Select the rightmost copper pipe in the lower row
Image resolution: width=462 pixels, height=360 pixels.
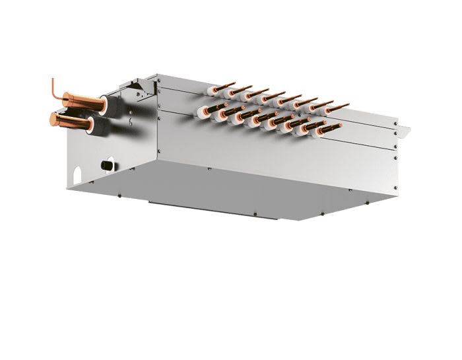[x=314, y=126]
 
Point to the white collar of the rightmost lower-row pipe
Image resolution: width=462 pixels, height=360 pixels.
[x=306, y=129]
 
